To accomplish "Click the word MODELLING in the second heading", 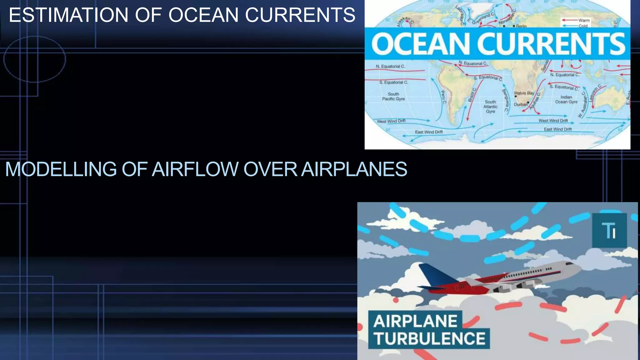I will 61,169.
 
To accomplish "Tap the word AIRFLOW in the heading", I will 195,169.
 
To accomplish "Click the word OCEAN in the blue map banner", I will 421,44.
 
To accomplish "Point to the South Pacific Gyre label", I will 393,96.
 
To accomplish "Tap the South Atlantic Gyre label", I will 490,107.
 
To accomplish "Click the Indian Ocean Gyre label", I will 566,99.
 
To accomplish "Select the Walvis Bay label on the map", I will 524,93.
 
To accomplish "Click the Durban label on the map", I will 520,104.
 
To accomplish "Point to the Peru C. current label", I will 443,97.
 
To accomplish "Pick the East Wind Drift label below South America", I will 429,132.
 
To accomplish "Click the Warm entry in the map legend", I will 584,20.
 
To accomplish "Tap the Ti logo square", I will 609,230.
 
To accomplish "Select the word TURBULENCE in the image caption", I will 429,338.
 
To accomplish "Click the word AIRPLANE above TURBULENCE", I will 415,321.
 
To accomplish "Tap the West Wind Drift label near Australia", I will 553,121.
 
